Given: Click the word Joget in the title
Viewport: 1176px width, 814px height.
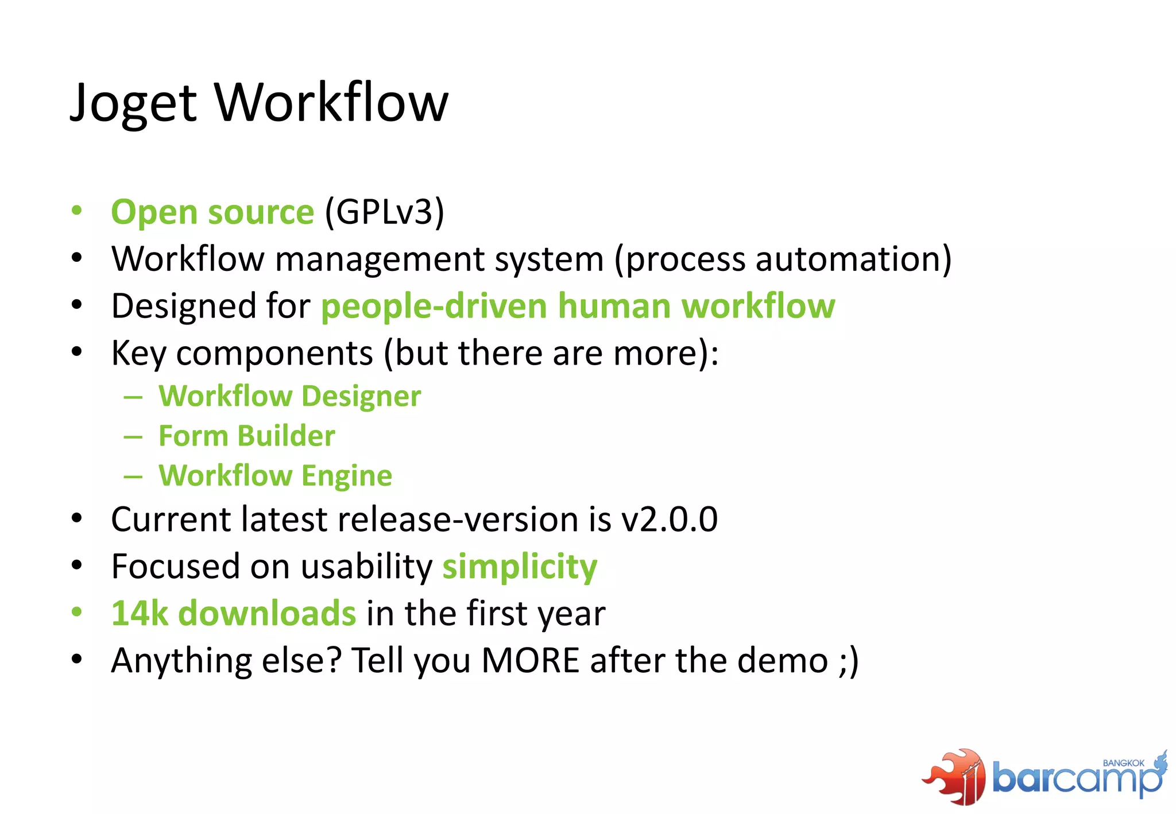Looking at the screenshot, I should (x=133, y=103).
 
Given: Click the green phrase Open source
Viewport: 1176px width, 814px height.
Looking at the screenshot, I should (x=212, y=212).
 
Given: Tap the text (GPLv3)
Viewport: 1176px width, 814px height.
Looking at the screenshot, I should (x=384, y=212).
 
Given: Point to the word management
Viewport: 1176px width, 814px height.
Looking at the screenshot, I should (x=380, y=259).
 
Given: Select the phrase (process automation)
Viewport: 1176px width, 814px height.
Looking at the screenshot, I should (x=783, y=259).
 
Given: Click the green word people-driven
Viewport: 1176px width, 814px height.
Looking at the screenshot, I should (x=434, y=306).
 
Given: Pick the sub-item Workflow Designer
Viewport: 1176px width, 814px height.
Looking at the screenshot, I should (x=289, y=396).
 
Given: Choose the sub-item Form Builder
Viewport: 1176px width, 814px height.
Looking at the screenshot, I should (x=246, y=436).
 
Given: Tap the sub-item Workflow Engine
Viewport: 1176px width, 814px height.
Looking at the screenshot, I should (x=275, y=476).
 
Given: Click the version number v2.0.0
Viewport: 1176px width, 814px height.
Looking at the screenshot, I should (x=670, y=520).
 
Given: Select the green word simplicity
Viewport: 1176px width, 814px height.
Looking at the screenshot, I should (x=520, y=567).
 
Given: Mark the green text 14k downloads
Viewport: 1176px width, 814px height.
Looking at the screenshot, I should (x=233, y=614).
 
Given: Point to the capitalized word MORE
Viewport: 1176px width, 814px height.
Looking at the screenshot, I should (x=530, y=661).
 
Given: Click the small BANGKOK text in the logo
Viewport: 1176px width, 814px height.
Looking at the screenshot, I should (x=1123, y=763).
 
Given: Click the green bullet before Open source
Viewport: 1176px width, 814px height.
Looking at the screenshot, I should (x=77, y=210).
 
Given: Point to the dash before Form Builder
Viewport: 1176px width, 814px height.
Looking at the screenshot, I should (x=133, y=437).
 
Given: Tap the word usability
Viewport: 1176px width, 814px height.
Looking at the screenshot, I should (x=366, y=567).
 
